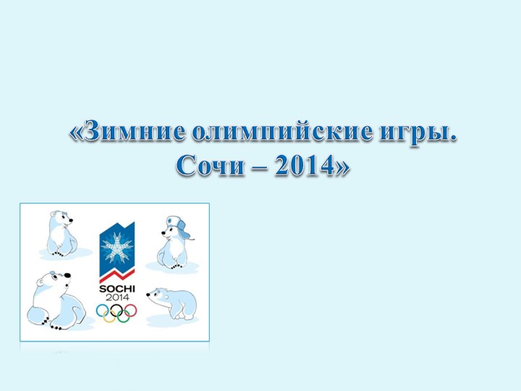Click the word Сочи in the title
(211, 167)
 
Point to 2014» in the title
(311, 167)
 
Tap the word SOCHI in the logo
(116, 289)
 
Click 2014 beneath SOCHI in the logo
(116, 298)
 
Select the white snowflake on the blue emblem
(116, 250)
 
